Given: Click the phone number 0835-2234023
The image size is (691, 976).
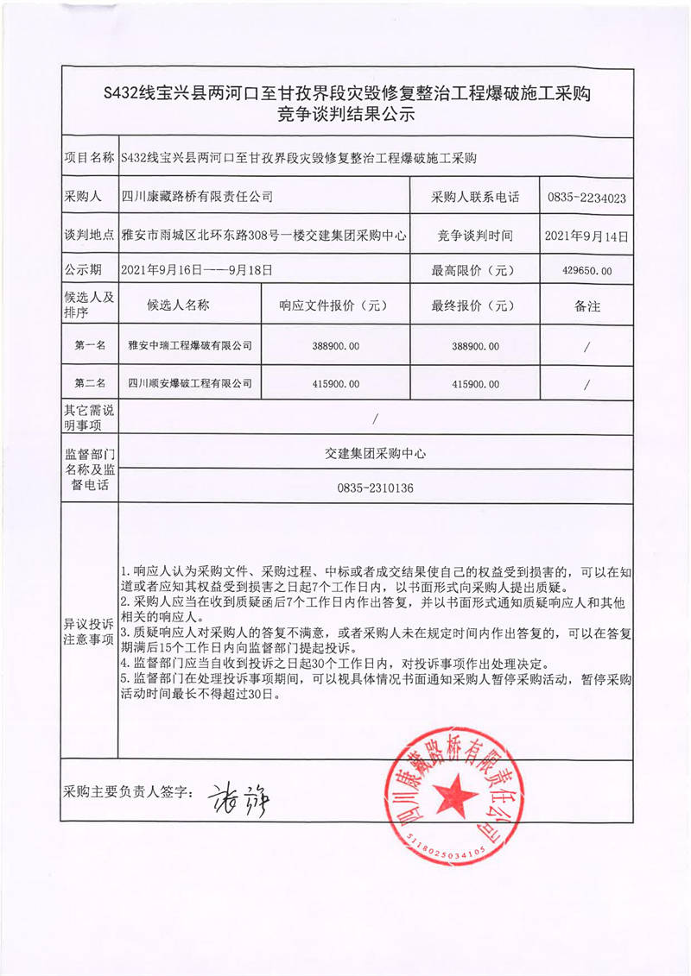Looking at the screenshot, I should tap(586, 198).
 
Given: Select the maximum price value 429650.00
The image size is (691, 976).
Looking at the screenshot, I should tap(586, 271).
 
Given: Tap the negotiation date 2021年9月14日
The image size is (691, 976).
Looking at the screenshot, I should tap(586, 235).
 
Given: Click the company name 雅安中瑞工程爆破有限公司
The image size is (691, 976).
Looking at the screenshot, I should tap(190, 346).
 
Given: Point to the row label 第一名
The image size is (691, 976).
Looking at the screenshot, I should tap(90, 346).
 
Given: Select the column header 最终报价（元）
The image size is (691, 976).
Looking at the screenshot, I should tap(475, 305).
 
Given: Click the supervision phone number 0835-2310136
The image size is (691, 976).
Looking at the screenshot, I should tap(376, 488).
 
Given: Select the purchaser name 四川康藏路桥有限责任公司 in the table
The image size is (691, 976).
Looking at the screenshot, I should tap(198, 197).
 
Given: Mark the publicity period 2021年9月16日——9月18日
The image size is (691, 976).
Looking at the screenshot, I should tap(198, 270).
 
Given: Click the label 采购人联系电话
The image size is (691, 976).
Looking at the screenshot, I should tap(475, 198).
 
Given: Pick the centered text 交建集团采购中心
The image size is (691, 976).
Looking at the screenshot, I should tap(376, 452).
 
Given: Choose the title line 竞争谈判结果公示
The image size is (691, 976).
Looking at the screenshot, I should tap(345, 113).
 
